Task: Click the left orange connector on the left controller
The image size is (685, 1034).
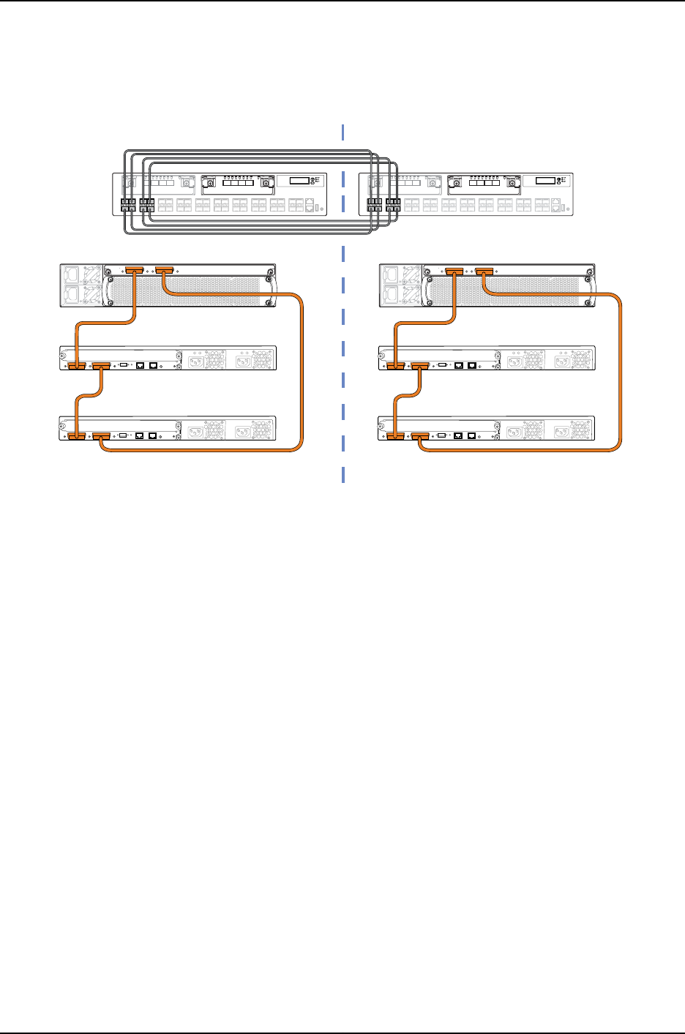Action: tap(135, 271)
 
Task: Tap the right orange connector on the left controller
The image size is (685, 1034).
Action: tap(163, 271)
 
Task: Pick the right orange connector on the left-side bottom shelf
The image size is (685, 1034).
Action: tap(101, 437)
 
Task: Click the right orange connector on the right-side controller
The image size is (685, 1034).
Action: tap(483, 272)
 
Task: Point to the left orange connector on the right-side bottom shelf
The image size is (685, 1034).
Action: tap(395, 437)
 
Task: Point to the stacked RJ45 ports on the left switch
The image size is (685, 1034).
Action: tap(311, 205)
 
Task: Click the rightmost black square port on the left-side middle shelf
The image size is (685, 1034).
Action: tap(154, 364)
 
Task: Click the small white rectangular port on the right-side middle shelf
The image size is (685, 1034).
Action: tap(442, 363)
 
